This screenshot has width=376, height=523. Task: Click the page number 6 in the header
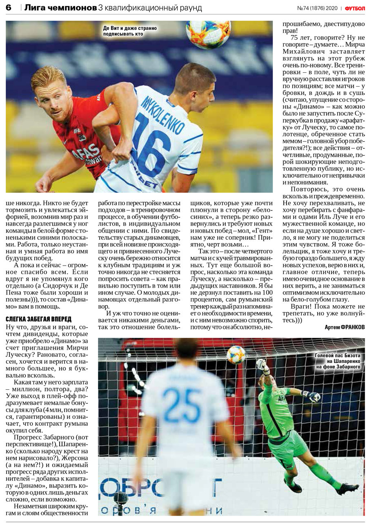pyautogui.click(x=9, y=8)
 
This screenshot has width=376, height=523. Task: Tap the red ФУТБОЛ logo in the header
pyautogui.click(x=354, y=8)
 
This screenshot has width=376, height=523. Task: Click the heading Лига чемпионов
pyautogui.click(x=60, y=8)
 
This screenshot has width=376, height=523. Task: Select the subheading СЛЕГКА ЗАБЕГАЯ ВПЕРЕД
pyautogui.click(x=38, y=319)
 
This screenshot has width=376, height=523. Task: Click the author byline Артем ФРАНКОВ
pyautogui.click(x=345, y=327)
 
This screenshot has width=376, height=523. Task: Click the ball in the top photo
pyautogui.click(x=208, y=34)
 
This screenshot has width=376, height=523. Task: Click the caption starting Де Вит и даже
pyautogui.click(x=130, y=31)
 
